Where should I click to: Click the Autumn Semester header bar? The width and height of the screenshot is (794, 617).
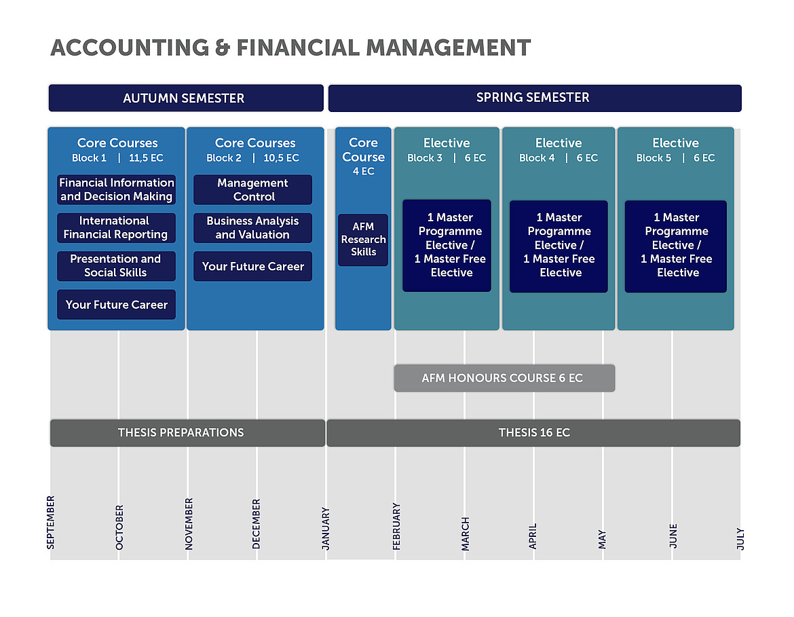click(x=186, y=98)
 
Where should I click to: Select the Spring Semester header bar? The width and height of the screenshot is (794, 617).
click(x=535, y=98)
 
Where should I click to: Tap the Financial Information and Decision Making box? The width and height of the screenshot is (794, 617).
click(x=117, y=189)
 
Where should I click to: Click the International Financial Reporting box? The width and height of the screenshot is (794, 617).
click(x=117, y=227)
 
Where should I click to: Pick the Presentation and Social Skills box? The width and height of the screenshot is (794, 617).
click(x=117, y=266)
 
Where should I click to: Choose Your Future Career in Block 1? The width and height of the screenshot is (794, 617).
click(x=117, y=305)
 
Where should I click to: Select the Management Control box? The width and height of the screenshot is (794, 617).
click(x=252, y=189)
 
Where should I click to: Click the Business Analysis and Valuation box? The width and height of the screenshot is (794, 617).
click(x=252, y=227)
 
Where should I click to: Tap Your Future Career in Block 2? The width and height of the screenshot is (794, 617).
click(x=252, y=266)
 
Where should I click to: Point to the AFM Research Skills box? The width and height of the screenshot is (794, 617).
click(x=363, y=240)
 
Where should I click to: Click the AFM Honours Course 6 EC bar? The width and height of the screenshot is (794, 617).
click(x=504, y=378)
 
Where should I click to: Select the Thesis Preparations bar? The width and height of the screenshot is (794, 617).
click(x=187, y=432)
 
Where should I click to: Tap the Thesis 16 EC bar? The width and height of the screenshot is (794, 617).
click(x=533, y=432)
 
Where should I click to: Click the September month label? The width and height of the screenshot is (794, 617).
click(x=51, y=522)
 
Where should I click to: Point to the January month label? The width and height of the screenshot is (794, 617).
click(x=326, y=528)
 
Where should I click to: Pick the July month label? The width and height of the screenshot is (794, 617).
click(x=740, y=538)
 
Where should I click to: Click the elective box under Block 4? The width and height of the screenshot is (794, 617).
click(x=559, y=246)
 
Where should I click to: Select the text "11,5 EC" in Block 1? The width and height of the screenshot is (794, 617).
click(x=146, y=158)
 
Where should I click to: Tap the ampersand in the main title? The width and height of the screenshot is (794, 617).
click(x=223, y=48)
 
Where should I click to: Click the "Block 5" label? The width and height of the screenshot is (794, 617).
click(x=654, y=158)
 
